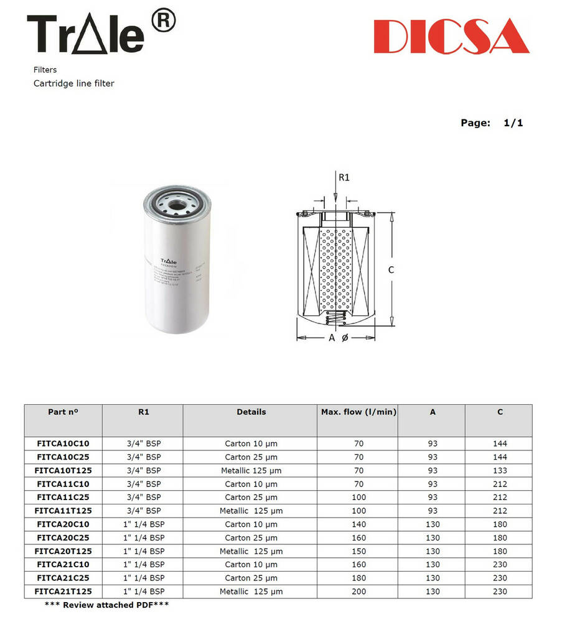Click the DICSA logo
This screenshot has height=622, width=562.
[452, 36]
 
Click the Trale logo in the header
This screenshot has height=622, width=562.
[85, 34]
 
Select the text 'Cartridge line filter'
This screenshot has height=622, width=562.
[73, 83]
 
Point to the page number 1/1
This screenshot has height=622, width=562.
[513, 123]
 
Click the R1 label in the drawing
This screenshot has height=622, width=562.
[344, 177]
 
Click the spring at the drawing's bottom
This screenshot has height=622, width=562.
[335, 320]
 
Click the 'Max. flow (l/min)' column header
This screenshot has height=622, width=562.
[358, 412]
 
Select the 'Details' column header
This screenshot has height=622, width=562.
[251, 412]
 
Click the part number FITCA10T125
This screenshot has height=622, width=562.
[63, 471]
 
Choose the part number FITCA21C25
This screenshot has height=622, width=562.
[63, 578]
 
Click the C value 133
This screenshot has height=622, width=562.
[499, 471]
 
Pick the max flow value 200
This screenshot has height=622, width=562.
[358, 592]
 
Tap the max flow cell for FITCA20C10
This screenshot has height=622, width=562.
[358, 524]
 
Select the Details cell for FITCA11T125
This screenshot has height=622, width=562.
[251, 511]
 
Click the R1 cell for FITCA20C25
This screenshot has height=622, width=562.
[143, 538]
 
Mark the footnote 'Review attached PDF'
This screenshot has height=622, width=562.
[106, 605]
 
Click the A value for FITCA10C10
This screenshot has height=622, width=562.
[432, 444]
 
